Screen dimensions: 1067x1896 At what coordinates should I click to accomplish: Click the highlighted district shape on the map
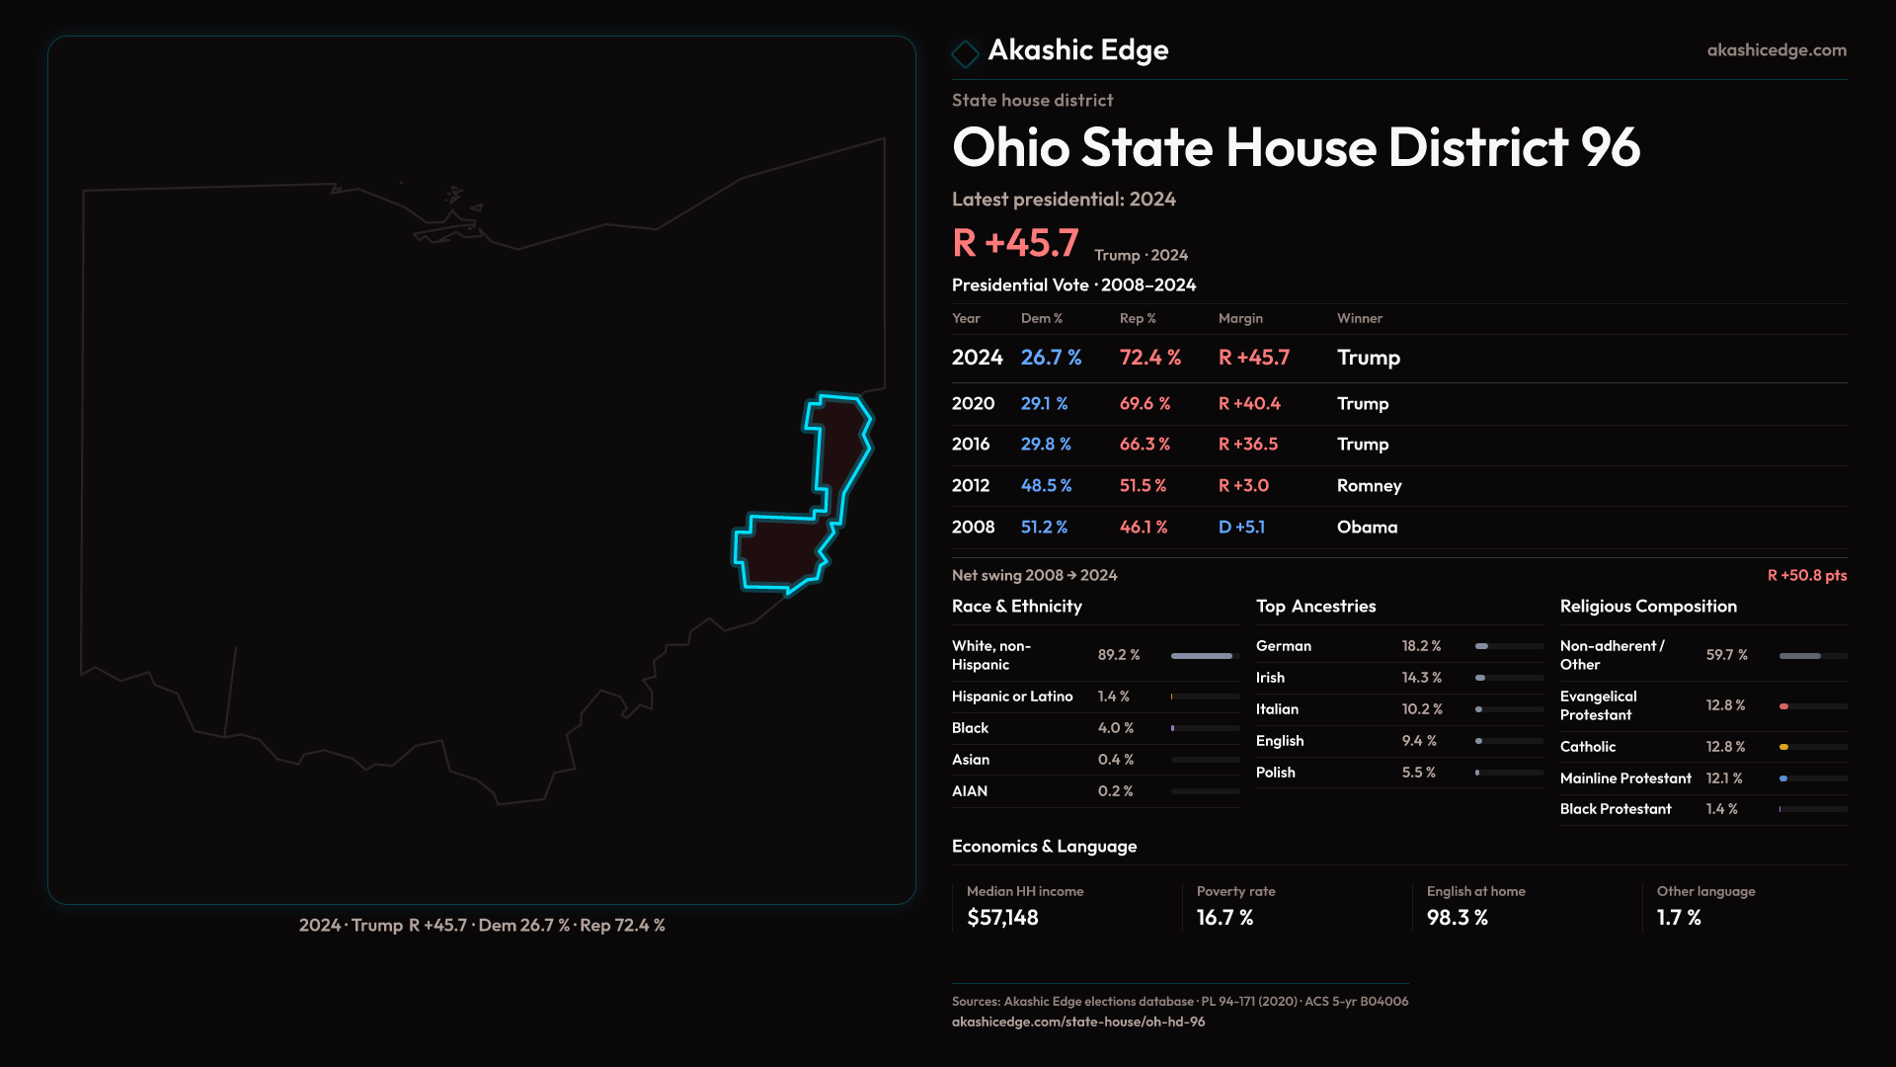(785, 553)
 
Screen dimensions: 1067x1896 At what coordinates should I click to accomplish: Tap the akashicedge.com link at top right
(1777, 50)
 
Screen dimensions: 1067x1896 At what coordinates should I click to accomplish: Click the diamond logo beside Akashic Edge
(965, 52)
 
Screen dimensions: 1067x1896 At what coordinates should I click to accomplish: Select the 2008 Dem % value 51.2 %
(1044, 528)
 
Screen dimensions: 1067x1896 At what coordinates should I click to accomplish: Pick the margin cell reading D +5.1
(1241, 528)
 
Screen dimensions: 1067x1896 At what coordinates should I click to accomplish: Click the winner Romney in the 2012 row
(1369, 486)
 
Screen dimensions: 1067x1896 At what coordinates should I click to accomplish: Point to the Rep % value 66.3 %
(1145, 445)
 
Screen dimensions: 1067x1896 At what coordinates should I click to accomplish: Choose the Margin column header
(1240, 318)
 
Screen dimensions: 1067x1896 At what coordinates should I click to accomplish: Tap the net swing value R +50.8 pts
(1806, 575)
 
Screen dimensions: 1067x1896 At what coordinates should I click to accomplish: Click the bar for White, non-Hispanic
(1202, 656)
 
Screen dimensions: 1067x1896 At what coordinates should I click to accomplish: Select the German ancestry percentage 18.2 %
(1421, 646)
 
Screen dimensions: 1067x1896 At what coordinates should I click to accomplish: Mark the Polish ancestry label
(1275, 773)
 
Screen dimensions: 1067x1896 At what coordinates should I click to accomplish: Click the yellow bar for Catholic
(1784, 747)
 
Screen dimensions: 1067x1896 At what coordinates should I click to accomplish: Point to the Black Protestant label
(1616, 809)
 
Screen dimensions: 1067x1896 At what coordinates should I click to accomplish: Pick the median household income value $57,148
(1002, 918)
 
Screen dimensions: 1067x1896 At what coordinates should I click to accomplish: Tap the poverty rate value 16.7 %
(1224, 918)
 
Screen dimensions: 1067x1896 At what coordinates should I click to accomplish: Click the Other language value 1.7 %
(1679, 918)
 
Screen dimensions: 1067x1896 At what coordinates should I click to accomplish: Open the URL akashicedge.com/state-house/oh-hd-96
(1078, 1022)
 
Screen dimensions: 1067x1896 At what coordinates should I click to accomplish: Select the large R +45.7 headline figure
(1015, 243)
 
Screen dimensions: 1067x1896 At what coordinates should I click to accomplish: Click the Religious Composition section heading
(1648, 607)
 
